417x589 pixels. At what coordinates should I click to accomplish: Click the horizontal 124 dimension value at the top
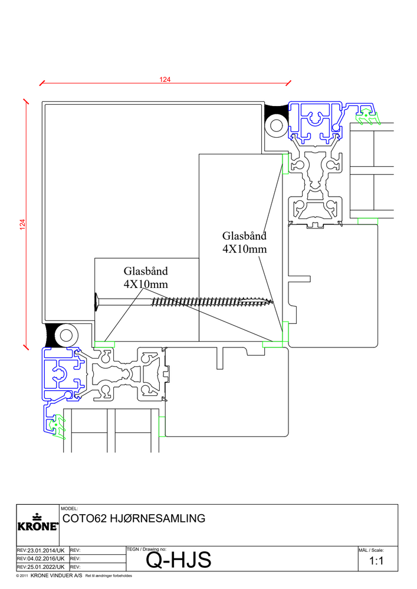coord(165,80)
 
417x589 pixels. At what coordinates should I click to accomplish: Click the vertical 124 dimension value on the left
coord(22,224)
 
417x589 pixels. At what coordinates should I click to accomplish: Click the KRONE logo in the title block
coord(37,524)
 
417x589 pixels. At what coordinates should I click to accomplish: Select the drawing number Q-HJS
coord(178,561)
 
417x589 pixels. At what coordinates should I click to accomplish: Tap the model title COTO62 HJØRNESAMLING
coord(134,519)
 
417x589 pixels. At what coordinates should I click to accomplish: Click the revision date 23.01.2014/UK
coord(41,550)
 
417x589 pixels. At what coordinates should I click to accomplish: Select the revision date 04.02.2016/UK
coord(41,558)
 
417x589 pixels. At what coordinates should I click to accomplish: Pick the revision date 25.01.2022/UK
coord(41,567)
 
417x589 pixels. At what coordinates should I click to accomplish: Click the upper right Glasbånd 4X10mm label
coord(244,243)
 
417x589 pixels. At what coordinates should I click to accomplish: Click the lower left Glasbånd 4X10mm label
coord(146,277)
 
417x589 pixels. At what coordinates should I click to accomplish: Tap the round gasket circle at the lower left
coord(64,335)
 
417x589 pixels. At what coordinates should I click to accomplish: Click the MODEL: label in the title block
coord(69,508)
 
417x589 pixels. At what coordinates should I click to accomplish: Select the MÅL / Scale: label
coord(372,550)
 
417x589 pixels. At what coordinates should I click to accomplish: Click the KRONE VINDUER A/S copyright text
coord(56,575)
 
